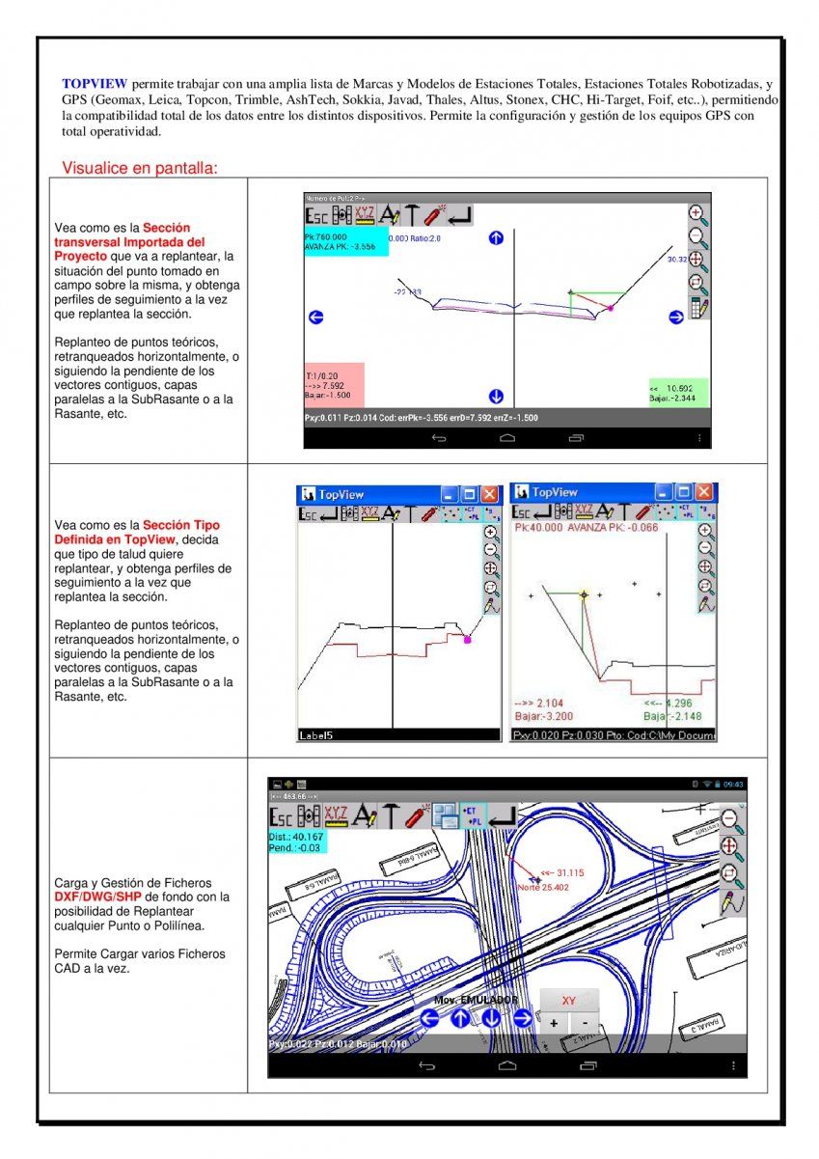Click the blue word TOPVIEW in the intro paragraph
click(95, 84)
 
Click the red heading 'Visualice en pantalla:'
click(140, 168)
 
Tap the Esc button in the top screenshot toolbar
click(316, 217)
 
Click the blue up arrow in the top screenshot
click(496, 237)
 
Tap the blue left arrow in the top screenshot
click(315, 317)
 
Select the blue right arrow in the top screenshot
click(675, 317)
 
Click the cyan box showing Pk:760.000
click(345, 241)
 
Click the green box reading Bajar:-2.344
click(678, 392)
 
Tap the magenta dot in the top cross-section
click(610, 308)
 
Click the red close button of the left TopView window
click(490, 493)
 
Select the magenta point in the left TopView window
click(468, 639)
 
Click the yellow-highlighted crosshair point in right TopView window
click(584, 595)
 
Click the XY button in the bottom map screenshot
click(569, 1001)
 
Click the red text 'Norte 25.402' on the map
click(542, 887)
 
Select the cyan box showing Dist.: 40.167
click(298, 842)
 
